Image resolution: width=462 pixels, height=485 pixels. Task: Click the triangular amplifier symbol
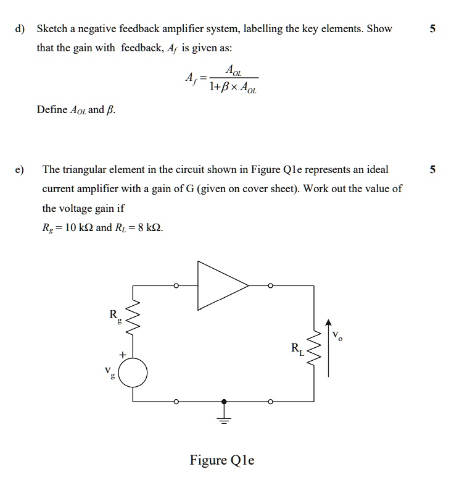[x=219, y=285]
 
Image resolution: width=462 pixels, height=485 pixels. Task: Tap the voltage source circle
[x=133, y=373]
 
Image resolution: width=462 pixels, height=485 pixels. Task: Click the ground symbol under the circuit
[x=225, y=418]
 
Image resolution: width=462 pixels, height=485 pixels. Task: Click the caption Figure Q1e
[x=222, y=460]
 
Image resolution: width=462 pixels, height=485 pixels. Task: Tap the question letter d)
[x=20, y=29]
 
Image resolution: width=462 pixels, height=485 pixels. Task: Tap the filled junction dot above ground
[x=225, y=402]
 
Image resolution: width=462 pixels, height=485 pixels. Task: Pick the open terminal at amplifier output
[x=270, y=286]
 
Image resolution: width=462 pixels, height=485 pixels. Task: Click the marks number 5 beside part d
[x=432, y=29]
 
